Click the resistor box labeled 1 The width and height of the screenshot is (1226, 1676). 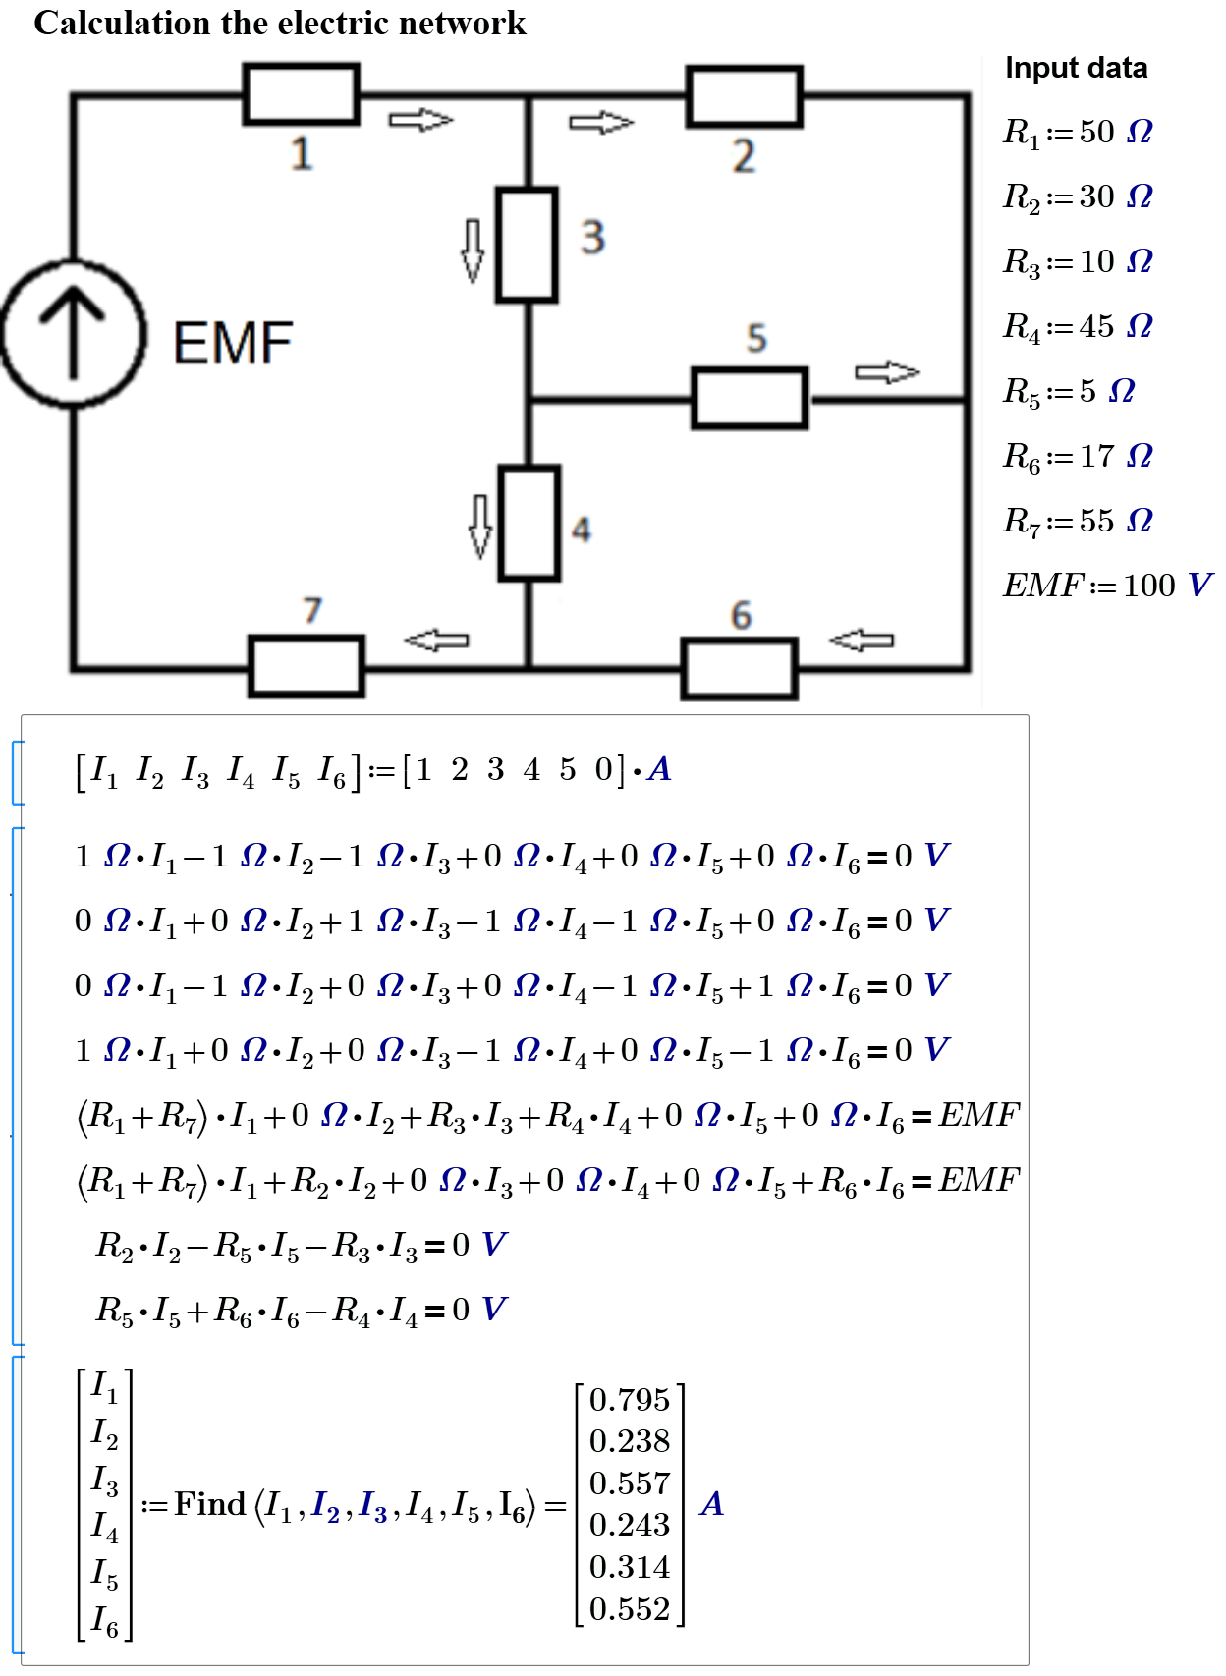click(x=301, y=93)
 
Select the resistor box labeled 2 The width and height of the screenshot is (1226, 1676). click(x=744, y=96)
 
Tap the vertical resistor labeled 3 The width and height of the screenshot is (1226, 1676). click(x=527, y=244)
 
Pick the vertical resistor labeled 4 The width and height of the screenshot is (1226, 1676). click(x=529, y=523)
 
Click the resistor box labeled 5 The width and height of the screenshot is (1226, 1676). click(x=749, y=398)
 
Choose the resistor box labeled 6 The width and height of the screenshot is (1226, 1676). click(x=739, y=668)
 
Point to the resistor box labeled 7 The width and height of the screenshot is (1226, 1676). click(x=306, y=666)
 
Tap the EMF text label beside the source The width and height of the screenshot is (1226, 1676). click(x=233, y=343)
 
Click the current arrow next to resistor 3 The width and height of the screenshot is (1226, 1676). click(x=473, y=250)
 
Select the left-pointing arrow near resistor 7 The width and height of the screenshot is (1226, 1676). click(x=437, y=641)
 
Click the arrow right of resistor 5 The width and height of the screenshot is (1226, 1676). click(x=886, y=372)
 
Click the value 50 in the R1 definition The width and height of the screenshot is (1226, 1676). click(x=1096, y=132)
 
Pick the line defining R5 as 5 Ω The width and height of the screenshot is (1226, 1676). click(x=1068, y=391)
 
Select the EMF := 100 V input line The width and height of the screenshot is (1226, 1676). click(x=1106, y=586)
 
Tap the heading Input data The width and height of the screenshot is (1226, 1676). click(x=1076, y=68)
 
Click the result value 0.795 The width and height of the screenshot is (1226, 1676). click(x=629, y=1400)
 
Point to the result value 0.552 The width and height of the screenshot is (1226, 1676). click(x=629, y=1609)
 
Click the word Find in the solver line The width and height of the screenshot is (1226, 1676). click(x=209, y=1504)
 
